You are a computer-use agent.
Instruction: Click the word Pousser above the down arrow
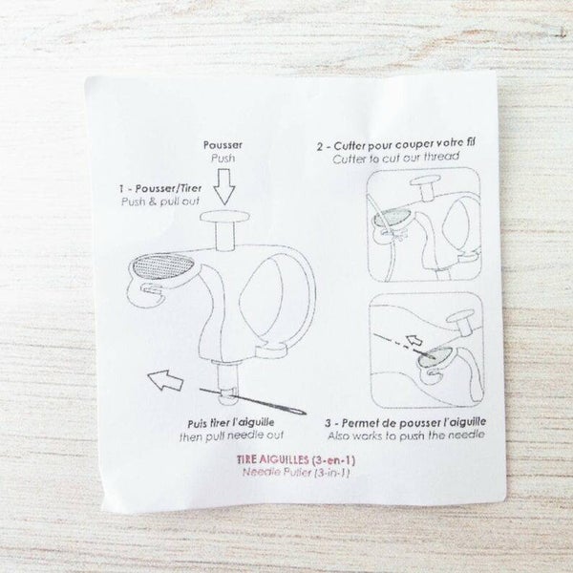[223, 145]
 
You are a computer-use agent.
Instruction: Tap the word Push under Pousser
[223, 159]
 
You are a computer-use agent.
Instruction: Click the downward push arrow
[224, 186]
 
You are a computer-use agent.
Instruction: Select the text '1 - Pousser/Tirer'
[160, 188]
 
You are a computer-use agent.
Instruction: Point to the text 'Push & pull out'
[160, 202]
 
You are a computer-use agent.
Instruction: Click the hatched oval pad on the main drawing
[163, 265]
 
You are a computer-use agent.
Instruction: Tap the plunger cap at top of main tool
[224, 217]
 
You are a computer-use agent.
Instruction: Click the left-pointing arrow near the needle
[165, 380]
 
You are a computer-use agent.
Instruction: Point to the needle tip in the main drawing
[306, 413]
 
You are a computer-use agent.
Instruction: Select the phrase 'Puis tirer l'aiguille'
[231, 423]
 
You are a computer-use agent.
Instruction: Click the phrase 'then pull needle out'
[232, 436]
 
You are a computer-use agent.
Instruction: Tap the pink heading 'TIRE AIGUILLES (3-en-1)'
[296, 459]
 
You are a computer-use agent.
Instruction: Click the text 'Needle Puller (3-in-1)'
[296, 473]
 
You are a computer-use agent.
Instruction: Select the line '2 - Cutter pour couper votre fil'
[396, 144]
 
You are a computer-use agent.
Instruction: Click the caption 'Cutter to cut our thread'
[395, 158]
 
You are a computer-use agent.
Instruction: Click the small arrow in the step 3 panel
[414, 340]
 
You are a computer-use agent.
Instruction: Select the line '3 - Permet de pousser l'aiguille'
[406, 422]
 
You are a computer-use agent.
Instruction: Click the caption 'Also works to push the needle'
[406, 435]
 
